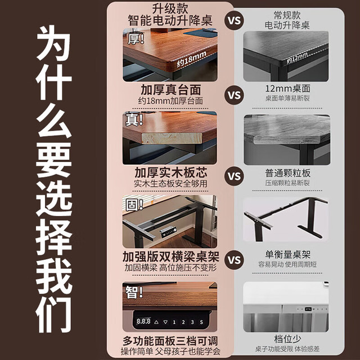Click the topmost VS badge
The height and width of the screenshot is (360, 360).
(x=234, y=20)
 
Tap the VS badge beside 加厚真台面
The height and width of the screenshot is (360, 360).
(x=234, y=95)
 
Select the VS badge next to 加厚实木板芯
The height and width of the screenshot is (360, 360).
(x=234, y=176)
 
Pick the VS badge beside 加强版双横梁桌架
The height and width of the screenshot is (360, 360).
(x=234, y=260)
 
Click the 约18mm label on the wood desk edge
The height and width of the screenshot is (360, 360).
(x=191, y=59)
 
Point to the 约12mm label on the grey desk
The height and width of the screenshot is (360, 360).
(x=297, y=57)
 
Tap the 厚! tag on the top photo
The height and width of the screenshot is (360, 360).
(x=136, y=38)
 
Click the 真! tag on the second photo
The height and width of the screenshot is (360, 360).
(x=134, y=120)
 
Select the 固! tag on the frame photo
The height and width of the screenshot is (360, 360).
(x=134, y=205)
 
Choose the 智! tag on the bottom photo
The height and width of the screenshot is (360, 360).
(x=134, y=292)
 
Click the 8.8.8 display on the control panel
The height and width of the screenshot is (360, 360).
(x=143, y=321)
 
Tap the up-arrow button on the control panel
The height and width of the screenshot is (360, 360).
(x=156, y=322)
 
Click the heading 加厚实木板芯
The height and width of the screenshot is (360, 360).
(x=171, y=173)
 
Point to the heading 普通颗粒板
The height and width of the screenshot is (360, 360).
(x=287, y=173)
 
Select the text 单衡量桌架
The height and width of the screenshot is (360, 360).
(x=287, y=254)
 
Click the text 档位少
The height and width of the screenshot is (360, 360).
(x=287, y=339)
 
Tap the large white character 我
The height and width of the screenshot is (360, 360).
(x=54, y=276)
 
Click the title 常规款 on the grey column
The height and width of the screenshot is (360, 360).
(x=287, y=15)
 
